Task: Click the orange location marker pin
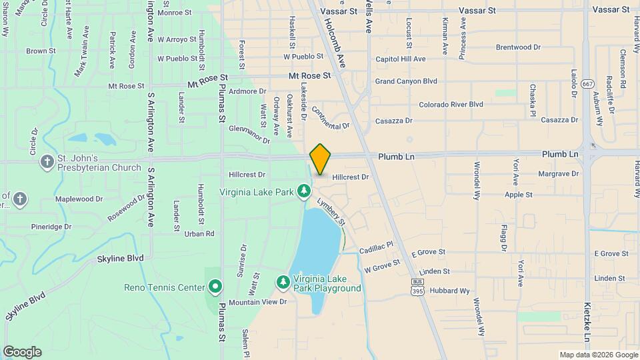tap(320, 159)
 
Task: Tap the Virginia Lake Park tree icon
tap(304, 192)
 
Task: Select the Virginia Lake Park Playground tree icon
tap(283, 283)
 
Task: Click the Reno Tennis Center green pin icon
tap(215, 287)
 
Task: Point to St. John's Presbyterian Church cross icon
tap(47, 161)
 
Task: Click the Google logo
tap(22, 351)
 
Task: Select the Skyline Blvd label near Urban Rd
tap(120, 258)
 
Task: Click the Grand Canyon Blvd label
tap(405, 81)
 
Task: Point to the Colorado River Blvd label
tap(451, 105)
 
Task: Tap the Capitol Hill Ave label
tap(400, 59)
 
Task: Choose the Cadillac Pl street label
tap(377, 248)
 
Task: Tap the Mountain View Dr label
tap(257, 302)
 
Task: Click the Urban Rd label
tap(199, 233)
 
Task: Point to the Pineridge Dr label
tap(51, 227)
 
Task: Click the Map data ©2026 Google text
tap(598, 355)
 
